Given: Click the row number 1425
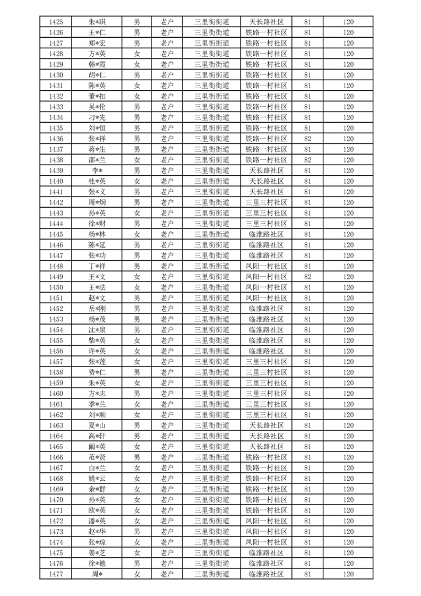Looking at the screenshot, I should point(56,22).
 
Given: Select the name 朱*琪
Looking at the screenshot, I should point(97,22).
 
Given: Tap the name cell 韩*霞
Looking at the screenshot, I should point(97,64).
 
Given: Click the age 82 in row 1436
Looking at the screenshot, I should point(308,139).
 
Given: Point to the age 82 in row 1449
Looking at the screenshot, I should point(308,277).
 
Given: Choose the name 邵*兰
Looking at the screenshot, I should point(97,160).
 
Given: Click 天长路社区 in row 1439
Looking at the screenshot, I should point(267,171).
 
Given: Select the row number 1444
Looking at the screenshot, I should point(56,224).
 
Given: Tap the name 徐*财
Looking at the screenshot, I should point(97,224).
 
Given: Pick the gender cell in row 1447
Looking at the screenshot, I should point(137,256).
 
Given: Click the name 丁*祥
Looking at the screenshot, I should point(97,266).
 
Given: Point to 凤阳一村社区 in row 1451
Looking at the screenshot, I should point(267,298).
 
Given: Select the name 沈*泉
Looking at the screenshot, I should point(97,330).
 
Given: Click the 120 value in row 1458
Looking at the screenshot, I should point(348,372).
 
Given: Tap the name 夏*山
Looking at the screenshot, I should point(97,425).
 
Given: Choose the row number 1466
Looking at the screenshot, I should point(56,457).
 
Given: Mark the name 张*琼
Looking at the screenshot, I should point(97,542).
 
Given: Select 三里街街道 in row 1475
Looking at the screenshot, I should point(212,553).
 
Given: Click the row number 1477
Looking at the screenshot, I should point(56,574).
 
